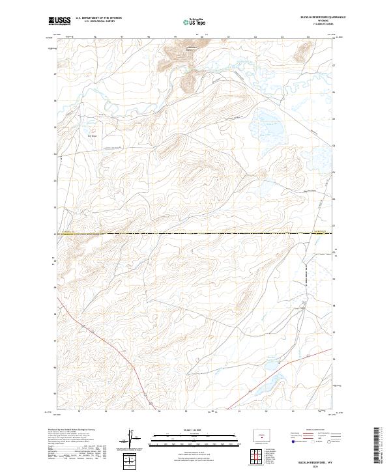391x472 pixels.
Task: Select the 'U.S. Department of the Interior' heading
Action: pos(98,18)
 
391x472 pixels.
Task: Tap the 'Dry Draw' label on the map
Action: pos(93,136)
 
